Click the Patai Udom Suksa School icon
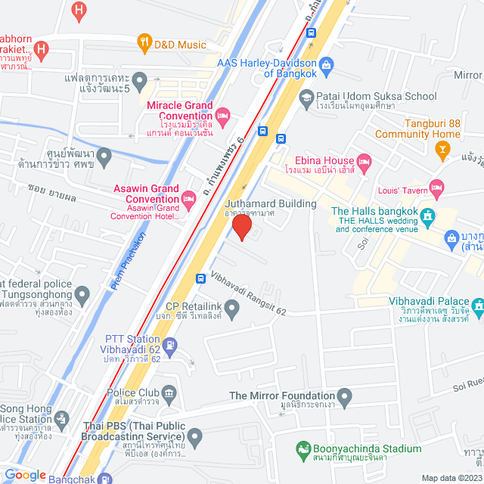click(x=306, y=97)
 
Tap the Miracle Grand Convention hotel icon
click(x=222, y=116)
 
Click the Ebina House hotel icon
click(x=364, y=160)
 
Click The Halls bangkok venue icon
click(x=428, y=216)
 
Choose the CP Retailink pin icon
click(x=232, y=306)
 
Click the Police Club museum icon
click(x=169, y=392)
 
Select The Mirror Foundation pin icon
click(x=345, y=396)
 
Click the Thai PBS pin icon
click(x=195, y=436)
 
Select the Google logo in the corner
click(x=25, y=475)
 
